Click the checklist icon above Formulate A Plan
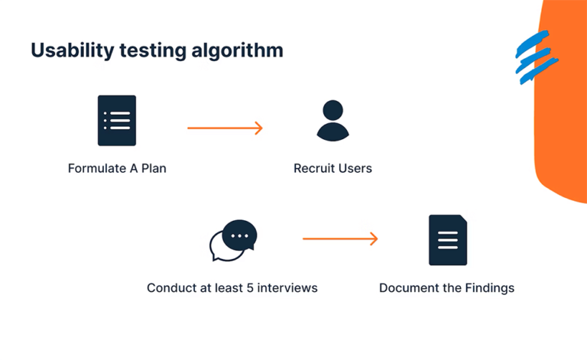click(117, 121)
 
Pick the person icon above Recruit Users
click(332, 121)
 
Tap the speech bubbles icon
click(233, 241)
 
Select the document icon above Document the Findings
click(447, 240)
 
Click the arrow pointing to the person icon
click(225, 128)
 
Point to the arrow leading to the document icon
click(340, 239)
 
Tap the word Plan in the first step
click(153, 168)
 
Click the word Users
click(356, 168)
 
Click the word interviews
click(287, 288)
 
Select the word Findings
click(489, 288)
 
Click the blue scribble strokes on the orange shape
click(535, 57)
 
